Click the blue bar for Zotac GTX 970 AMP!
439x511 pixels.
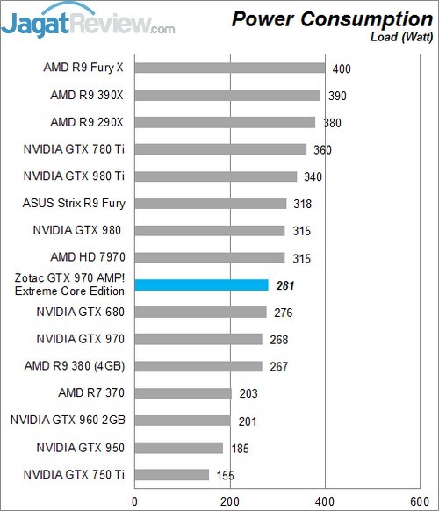point(201,284)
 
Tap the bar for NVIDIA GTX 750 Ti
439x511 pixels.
point(172,475)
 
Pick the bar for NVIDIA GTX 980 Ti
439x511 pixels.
point(216,176)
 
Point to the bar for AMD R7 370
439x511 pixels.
point(183,393)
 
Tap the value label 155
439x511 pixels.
point(227,476)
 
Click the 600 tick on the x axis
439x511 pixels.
point(421,501)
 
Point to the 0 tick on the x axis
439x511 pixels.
point(134,501)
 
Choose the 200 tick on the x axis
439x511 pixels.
point(230,501)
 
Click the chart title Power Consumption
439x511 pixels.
point(332,18)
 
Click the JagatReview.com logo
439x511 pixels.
point(88,22)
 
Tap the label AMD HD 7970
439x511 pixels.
point(88,257)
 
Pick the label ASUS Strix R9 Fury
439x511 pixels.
point(74,204)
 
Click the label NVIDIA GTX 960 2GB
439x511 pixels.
point(68,421)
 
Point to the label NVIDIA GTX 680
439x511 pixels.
point(81,312)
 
